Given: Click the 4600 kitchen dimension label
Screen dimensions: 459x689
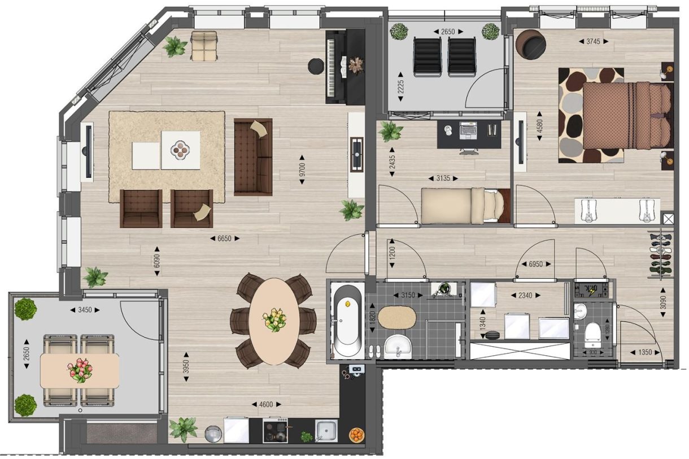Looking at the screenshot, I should pos(265,404).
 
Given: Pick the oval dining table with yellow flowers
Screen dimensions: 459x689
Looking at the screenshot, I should pos(274,320).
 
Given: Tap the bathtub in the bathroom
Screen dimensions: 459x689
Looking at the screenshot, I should pos(346,321).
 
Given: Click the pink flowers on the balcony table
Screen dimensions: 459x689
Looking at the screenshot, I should pos(80,370).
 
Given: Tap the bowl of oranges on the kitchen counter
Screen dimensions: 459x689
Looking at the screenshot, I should pos(356,435).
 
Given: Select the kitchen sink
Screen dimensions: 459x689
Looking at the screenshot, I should pos(326,431).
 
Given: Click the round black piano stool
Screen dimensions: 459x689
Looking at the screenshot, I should pos(315,67).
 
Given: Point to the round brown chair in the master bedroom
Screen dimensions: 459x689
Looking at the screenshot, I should pos(531,45).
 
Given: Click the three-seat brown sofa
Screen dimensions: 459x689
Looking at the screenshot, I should pos(253,156).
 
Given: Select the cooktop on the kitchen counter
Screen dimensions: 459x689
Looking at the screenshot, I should pos(276,431).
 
